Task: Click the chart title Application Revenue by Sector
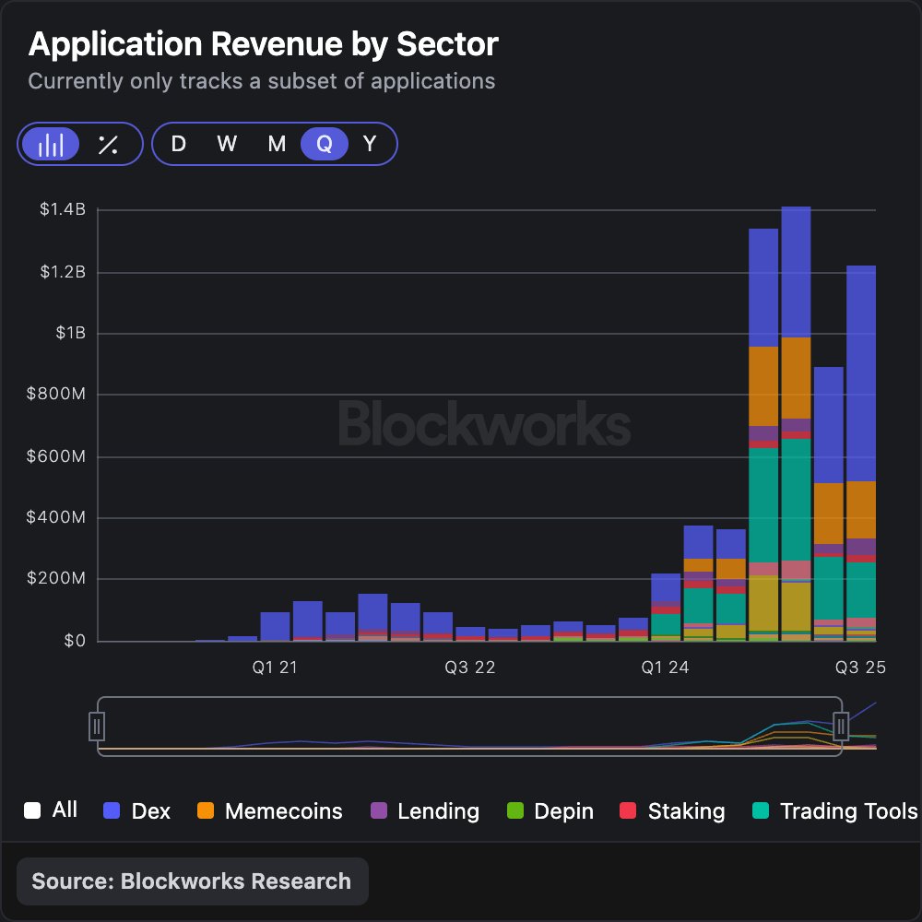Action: click(x=263, y=44)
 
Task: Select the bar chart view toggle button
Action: click(x=51, y=145)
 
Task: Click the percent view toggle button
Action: click(x=108, y=145)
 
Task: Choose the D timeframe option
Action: click(x=178, y=145)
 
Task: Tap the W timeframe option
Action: click(x=227, y=145)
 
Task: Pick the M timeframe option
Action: click(x=277, y=145)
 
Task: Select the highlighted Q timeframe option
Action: click(x=324, y=145)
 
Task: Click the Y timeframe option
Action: click(x=370, y=145)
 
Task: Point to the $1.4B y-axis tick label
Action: click(x=62, y=210)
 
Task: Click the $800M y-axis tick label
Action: click(x=57, y=395)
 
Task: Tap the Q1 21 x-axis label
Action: click(x=275, y=668)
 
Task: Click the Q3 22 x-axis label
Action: click(x=470, y=668)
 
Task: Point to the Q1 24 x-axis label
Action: click(x=665, y=668)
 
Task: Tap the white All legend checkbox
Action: click(x=33, y=811)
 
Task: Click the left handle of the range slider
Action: click(x=97, y=727)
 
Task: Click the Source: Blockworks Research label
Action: click(x=192, y=881)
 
